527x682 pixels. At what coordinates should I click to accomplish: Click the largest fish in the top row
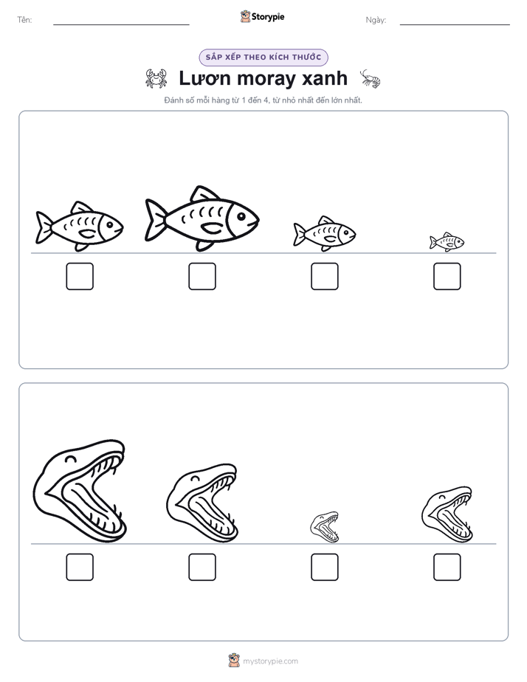pyautogui.click(x=201, y=218)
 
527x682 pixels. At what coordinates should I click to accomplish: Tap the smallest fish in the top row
pyautogui.click(x=447, y=242)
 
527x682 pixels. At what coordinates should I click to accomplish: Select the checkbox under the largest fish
pyautogui.click(x=202, y=276)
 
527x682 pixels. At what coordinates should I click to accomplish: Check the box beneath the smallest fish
pyautogui.click(x=447, y=276)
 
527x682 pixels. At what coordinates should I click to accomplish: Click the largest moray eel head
pyautogui.click(x=80, y=491)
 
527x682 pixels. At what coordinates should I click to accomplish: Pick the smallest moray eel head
pyautogui.click(x=324, y=527)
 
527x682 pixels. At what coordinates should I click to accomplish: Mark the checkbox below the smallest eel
pyautogui.click(x=325, y=567)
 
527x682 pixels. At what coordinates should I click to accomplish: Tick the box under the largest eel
pyautogui.click(x=80, y=567)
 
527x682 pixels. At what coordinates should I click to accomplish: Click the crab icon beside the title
pyautogui.click(x=156, y=78)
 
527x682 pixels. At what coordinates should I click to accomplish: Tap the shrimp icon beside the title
pyautogui.click(x=371, y=78)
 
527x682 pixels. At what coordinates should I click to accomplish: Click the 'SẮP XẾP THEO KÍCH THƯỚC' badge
pyautogui.click(x=263, y=58)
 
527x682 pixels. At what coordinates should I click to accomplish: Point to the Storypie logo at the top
pyautogui.click(x=262, y=17)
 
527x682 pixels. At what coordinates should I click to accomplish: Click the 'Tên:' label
pyautogui.click(x=24, y=20)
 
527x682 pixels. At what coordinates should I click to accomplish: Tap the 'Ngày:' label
pyautogui.click(x=376, y=20)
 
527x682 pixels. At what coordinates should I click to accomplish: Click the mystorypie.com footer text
pyautogui.click(x=270, y=661)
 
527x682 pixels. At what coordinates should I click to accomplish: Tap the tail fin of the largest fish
pyautogui.click(x=155, y=220)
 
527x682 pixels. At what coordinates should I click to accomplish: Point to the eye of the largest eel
pyautogui.click(x=70, y=458)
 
